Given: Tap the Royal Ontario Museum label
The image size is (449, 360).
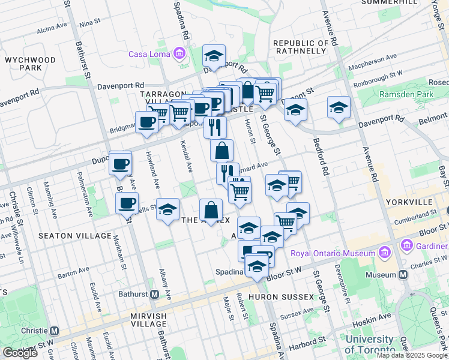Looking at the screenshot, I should point(333,253).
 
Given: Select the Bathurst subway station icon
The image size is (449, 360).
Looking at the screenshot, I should point(154,295).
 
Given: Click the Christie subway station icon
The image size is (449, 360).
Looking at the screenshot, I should point(55,331).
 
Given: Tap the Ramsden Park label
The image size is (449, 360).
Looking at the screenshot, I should point(405,95).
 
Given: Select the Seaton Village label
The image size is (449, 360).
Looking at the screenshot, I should point(64,236).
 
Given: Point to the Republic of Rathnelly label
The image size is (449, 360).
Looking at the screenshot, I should point(301,47).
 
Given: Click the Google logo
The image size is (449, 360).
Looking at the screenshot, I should point(20,353).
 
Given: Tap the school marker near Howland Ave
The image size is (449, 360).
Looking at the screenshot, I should point(168,209).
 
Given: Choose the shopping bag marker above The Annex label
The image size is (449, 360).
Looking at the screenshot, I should point(211,211).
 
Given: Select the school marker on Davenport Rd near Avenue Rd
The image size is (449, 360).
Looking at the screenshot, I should point(339,108).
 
